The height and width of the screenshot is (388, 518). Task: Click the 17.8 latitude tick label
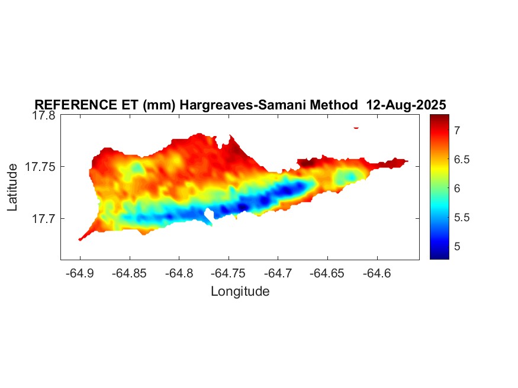click(43, 116)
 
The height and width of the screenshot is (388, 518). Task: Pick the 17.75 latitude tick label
click(40, 167)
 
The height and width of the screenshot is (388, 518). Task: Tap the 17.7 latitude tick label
click(43, 218)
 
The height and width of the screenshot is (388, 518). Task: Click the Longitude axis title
click(240, 291)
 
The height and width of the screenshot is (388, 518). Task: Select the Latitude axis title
click(12, 187)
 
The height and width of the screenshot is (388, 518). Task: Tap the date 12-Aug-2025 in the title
click(406, 105)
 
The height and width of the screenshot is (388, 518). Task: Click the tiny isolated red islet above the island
click(356, 127)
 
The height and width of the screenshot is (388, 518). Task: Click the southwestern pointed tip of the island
click(80, 239)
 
